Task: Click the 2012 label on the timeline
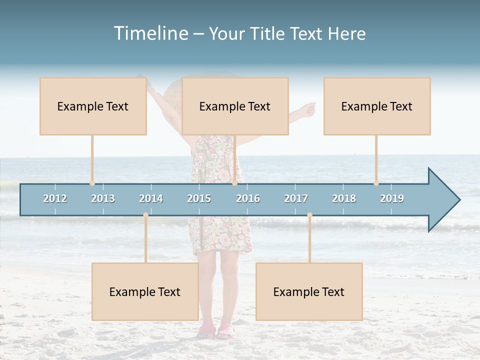pos(55,198)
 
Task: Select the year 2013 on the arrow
pos(103,198)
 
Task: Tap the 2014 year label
pos(151,198)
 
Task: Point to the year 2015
pos(199,198)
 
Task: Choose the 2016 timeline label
pos(248,198)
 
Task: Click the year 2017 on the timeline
pos(296,198)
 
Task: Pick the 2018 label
pos(344,198)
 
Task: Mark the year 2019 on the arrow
pos(392,198)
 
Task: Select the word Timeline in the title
pos(150,33)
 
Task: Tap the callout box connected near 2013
pos(93,106)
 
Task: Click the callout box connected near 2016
pos(235,106)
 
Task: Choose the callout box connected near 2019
pos(377,106)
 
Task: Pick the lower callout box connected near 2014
pos(145,291)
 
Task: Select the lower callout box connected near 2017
pos(309,291)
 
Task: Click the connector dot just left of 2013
pos(92,183)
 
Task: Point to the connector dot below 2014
pos(145,215)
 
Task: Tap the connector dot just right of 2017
pos(309,215)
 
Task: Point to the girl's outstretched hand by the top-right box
pos(310,108)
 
